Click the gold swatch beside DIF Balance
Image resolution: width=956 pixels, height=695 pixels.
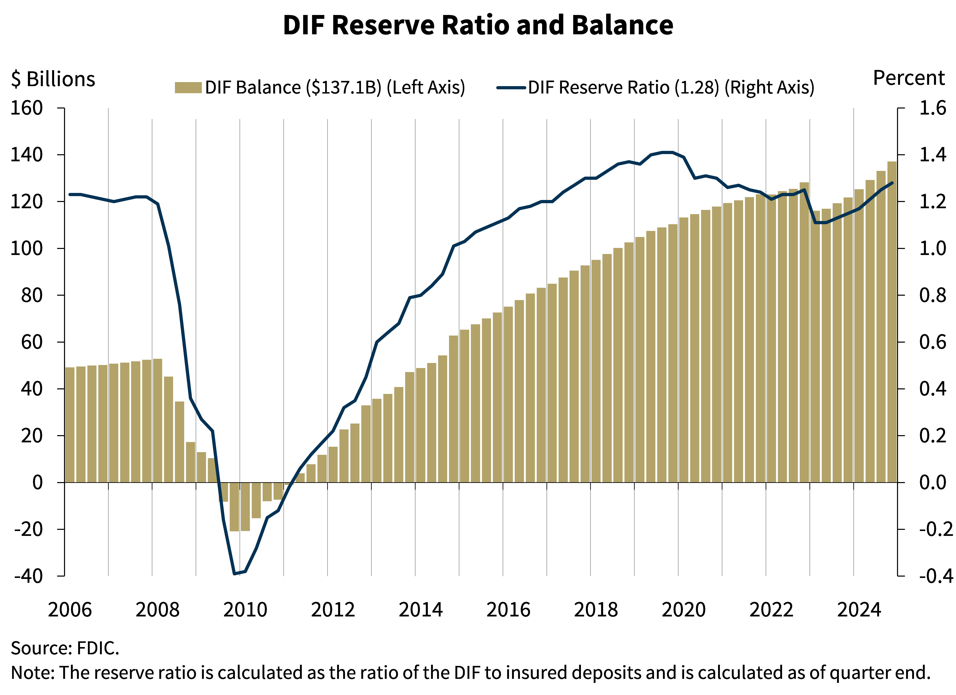[188, 88]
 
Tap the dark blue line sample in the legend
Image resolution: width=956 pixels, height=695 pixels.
[511, 88]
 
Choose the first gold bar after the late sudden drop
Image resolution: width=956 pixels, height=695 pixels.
[815, 346]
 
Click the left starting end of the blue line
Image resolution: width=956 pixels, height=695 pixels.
[70, 195]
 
